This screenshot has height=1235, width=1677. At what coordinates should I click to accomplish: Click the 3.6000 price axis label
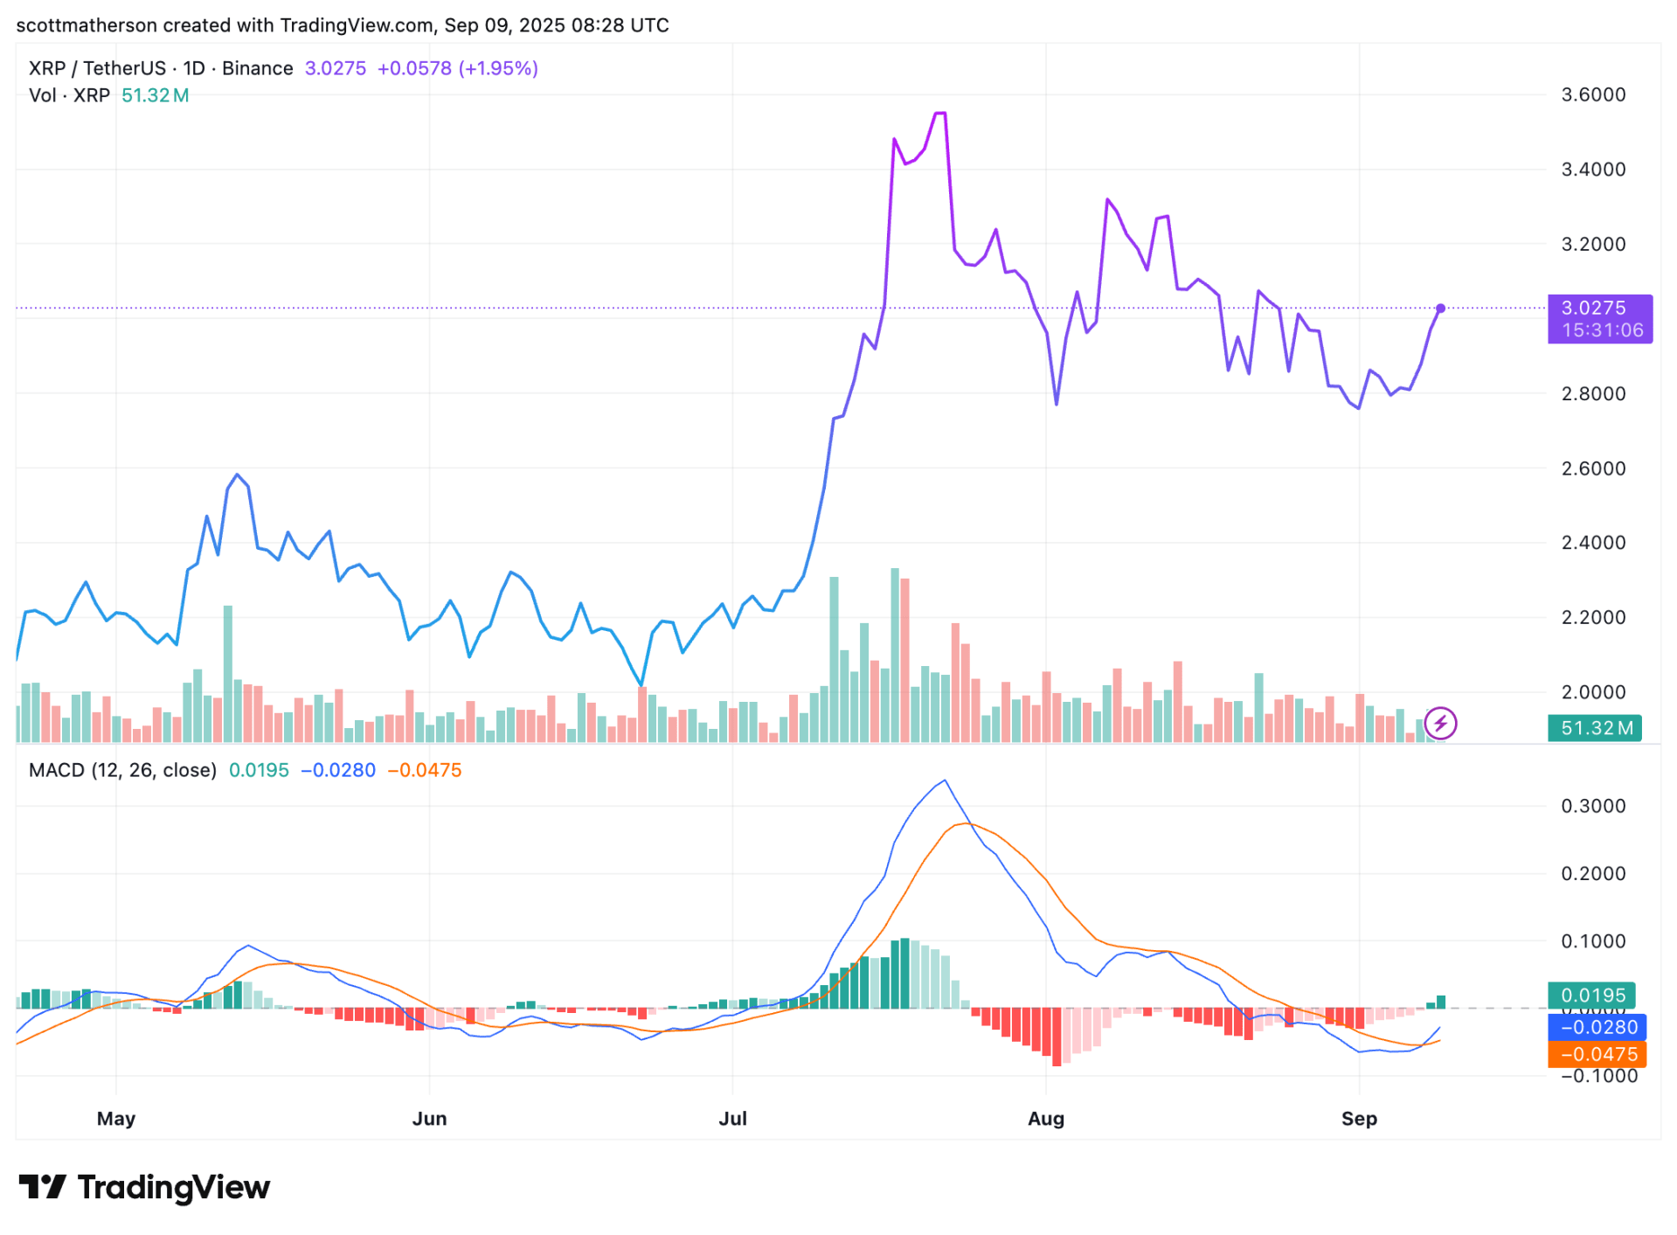1592,94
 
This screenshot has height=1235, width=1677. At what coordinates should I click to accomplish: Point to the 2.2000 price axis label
1592,617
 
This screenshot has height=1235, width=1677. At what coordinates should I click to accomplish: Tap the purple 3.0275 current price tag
1599,318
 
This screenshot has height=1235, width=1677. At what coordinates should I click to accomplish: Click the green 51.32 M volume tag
1594,728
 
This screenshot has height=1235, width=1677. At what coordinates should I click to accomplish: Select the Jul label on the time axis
732,1118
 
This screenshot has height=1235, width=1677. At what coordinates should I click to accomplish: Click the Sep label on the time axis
1358,1118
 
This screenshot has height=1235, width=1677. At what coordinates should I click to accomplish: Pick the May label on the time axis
116,1118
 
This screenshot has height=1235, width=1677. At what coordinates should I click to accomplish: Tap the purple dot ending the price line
1440,309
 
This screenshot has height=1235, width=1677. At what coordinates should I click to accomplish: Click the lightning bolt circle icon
1440,724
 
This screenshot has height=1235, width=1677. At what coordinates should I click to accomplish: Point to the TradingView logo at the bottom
144,1187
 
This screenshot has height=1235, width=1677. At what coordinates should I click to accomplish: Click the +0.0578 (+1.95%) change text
457,68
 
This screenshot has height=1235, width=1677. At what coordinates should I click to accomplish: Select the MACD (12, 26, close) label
122,770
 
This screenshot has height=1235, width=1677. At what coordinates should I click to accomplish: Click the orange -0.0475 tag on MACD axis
1597,1054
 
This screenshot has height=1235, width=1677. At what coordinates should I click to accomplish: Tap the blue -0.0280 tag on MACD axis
1597,1027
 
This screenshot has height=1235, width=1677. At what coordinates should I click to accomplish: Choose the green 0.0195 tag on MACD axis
1592,996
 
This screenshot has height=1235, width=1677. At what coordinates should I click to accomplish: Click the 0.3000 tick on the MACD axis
1592,806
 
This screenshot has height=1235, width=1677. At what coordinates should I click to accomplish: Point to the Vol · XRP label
69,95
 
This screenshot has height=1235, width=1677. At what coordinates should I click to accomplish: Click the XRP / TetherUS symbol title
97,68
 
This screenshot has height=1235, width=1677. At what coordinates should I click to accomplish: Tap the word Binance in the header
258,68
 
